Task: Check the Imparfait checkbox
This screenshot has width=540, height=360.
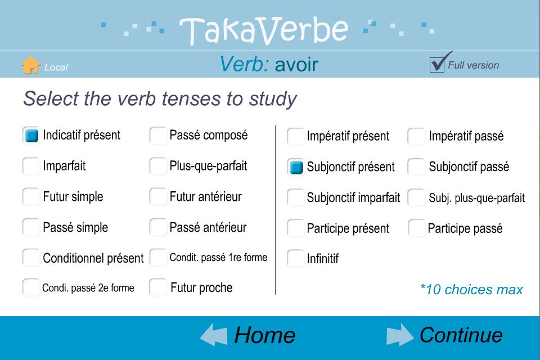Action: tap(31, 166)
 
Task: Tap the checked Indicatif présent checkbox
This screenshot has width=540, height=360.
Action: tap(31, 135)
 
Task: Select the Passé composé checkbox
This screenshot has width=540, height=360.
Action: tap(158, 136)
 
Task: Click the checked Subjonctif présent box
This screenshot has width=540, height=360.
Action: tap(295, 167)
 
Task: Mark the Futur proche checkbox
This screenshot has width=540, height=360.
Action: tap(158, 287)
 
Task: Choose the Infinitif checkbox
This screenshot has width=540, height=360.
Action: tap(295, 258)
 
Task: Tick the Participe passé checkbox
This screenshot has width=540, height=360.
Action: tap(417, 228)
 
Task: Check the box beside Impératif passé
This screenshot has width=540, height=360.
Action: tap(416, 137)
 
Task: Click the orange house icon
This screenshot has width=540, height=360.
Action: tap(30, 65)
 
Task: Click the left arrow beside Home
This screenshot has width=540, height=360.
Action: tap(214, 335)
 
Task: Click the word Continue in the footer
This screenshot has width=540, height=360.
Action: tap(461, 335)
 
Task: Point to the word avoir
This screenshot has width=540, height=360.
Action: tap(296, 65)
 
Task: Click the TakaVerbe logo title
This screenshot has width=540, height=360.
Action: tap(264, 31)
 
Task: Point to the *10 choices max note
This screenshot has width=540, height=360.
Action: tap(471, 289)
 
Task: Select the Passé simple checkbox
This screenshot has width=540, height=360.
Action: tap(31, 227)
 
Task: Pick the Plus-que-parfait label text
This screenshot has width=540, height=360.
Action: tap(208, 166)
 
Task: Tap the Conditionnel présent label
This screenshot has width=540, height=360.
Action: tap(93, 258)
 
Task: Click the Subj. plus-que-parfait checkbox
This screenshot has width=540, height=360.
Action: tap(416, 198)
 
